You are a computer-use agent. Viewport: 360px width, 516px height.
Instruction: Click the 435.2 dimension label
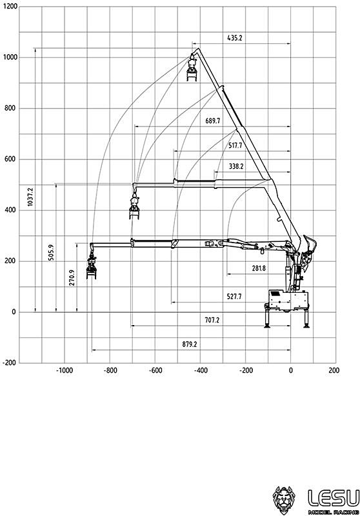(235, 38)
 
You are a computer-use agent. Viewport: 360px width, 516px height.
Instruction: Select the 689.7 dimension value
(212, 121)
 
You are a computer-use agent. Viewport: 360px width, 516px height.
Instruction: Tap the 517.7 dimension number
(235, 146)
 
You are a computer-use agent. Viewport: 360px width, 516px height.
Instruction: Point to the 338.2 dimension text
(236, 166)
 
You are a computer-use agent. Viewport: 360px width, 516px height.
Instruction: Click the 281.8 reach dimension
(259, 268)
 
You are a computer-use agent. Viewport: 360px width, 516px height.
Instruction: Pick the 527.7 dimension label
(234, 297)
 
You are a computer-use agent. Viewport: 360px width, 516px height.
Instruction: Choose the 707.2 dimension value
(212, 320)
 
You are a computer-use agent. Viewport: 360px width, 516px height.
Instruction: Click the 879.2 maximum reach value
(190, 344)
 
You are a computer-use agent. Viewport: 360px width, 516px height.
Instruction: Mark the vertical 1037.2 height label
(30, 197)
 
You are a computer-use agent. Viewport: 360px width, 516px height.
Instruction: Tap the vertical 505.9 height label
(51, 253)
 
